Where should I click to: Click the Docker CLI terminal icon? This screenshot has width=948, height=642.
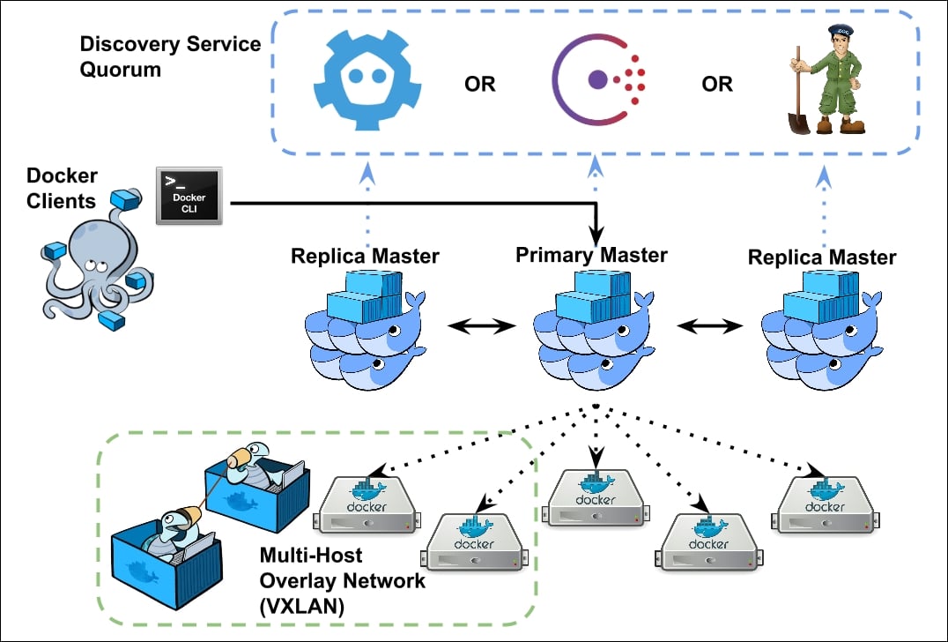click(189, 195)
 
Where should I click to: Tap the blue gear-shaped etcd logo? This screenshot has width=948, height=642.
click(367, 82)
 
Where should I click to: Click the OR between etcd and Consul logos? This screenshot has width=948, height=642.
click(479, 85)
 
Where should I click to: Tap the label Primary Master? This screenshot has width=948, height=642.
click(591, 256)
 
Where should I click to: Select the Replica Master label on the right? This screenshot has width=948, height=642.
click(821, 258)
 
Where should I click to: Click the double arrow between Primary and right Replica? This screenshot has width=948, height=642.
click(709, 326)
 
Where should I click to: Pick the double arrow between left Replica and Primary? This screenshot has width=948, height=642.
click(481, 326)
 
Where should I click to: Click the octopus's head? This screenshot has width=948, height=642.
click(88, 256)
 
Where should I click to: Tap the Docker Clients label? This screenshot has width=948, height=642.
click(61, 188)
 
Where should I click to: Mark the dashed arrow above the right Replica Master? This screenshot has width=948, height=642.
click(823, 207)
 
